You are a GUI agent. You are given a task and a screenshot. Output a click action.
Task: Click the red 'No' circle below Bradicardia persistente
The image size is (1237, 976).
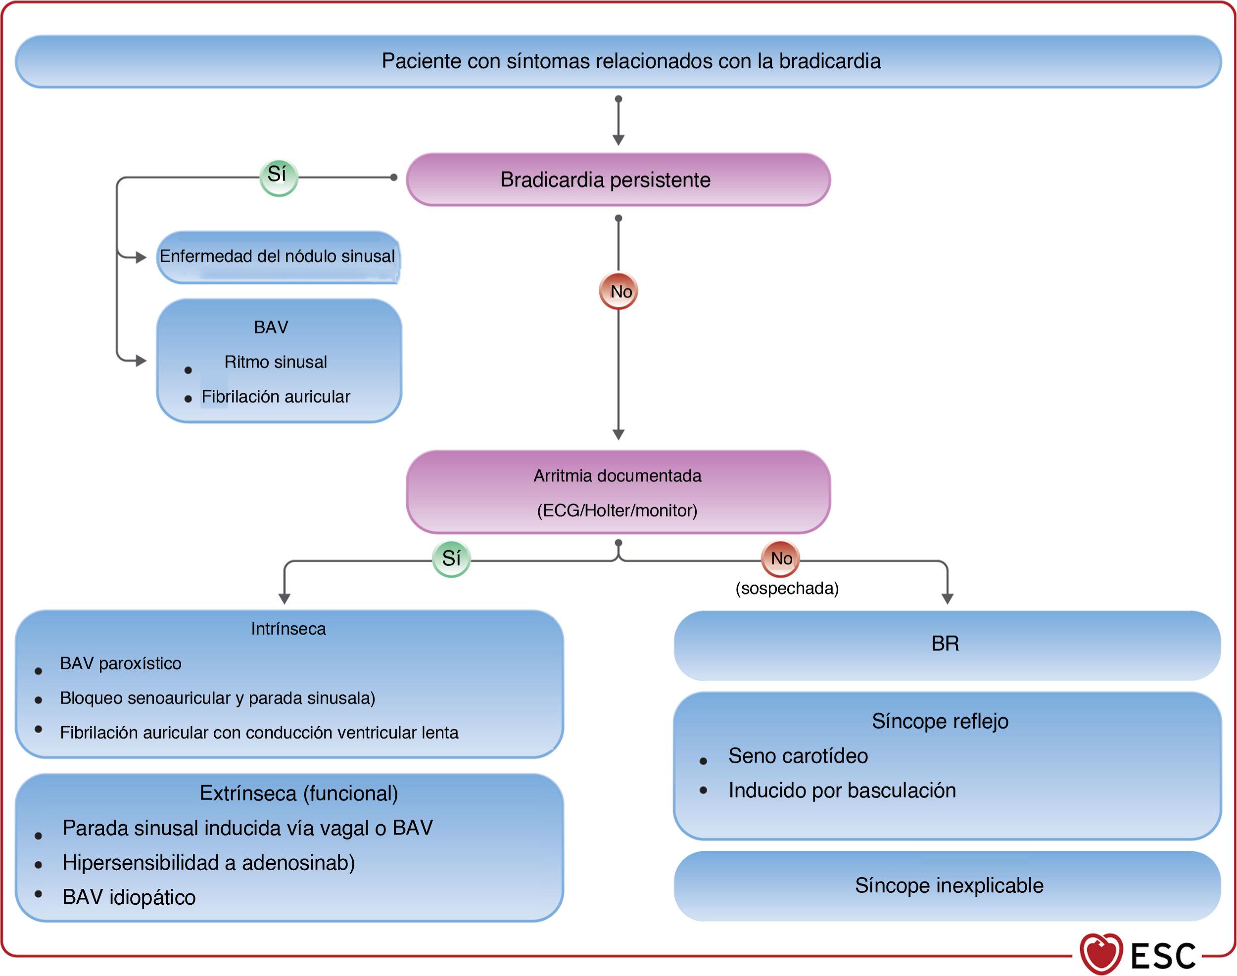[619, 291]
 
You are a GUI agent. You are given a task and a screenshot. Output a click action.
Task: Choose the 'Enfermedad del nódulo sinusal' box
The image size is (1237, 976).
[278, 257]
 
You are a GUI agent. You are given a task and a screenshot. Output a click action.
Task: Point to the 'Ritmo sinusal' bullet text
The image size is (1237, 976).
[276, 362]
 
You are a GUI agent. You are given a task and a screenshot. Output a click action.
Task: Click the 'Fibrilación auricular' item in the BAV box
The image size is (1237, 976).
[276, 397]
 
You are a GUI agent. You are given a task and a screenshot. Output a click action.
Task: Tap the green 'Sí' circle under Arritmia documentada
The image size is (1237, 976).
[451, 558]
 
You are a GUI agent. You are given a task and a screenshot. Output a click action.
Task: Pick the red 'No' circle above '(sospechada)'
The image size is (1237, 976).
[781, 558]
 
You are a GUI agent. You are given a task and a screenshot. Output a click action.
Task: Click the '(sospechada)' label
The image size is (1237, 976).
[787, 589]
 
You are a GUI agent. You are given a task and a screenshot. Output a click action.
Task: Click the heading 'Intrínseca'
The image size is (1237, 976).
[288, 629]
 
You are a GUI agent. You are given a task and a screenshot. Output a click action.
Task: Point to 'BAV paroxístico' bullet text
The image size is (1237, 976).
[121, 663]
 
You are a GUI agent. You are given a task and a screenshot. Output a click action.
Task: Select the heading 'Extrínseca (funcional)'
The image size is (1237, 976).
[298, 793]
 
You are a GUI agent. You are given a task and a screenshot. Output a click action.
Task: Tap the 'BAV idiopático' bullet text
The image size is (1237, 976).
[129, 897]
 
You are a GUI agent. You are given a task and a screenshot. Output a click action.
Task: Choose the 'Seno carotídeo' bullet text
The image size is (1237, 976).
[798, 756]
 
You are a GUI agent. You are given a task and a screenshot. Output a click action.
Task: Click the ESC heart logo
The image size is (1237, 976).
[1101, 953]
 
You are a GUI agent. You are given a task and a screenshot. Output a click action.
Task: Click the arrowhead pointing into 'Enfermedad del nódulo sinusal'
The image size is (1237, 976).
[141, 258]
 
